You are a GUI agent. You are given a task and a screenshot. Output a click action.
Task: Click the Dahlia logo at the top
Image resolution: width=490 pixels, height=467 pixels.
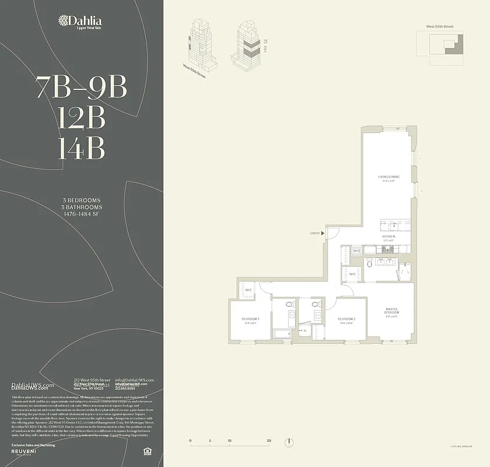point(81,22)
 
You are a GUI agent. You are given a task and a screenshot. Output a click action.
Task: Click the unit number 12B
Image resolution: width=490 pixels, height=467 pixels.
point(81,119)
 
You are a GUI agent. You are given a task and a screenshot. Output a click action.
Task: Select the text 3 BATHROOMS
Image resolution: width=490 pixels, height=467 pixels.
point(82,207)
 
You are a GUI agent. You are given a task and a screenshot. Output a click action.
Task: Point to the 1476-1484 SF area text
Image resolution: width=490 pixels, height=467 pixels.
point(82,214)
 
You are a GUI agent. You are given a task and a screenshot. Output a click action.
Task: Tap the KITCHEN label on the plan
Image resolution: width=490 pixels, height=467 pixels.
point(389,236)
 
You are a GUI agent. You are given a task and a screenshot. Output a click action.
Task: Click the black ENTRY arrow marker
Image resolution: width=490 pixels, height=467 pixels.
point(323,233)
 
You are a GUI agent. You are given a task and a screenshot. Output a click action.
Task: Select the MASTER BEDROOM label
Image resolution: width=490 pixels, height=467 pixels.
point(391,312)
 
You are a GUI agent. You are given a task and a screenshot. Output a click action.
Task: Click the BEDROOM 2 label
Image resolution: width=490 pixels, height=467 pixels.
point(348,319)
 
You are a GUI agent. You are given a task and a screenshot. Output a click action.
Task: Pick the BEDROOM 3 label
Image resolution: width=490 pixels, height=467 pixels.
point(250,319)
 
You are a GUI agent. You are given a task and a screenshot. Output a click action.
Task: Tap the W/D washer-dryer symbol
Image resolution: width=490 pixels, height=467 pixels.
point(357,251)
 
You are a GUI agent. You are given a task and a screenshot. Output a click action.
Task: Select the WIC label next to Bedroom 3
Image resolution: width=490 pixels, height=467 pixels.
point(248,290)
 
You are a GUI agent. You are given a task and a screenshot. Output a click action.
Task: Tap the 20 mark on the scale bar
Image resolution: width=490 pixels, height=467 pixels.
point(268,441)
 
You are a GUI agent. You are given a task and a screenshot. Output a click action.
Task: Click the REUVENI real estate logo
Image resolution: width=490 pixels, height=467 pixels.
point(27,452)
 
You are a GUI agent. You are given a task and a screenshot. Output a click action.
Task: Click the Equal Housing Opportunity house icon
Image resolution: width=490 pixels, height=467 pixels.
point(146,450)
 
